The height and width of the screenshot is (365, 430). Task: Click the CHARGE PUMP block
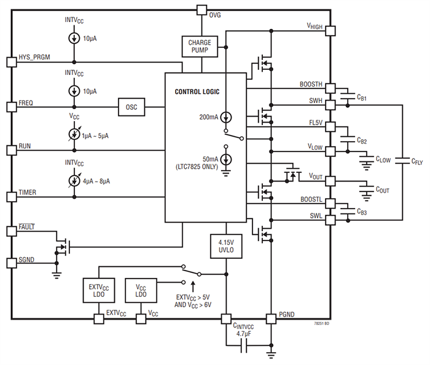(x=199, y=46)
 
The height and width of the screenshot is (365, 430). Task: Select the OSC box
(x=131, y=107)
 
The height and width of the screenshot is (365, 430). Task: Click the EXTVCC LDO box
(x=99, y=290)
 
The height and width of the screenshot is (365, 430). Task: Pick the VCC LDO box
(x=141, y=290)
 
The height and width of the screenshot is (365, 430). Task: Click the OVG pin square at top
(x=201, y=9)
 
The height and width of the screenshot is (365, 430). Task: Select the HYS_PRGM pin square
(x=10, y=62)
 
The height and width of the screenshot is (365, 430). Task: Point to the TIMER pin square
(x=10, y=196)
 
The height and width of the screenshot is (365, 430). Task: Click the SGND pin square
(x=10, y=263)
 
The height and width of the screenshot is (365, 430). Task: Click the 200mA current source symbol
(x=225, y=117)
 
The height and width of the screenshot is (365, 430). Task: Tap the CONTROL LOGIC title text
(x=197, y=91)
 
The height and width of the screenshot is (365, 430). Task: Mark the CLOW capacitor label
(x=382, y=160)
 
